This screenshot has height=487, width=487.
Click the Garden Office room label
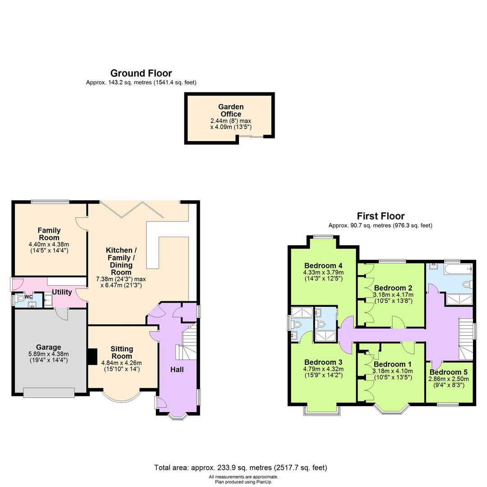coord(231,110)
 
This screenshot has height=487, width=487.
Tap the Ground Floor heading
coord(141,74)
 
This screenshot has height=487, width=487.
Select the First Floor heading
coord(381,216)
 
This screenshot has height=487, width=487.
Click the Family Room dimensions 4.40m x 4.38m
coord(49,245)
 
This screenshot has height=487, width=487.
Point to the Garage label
coord(48,347)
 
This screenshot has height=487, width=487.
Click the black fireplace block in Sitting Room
coord(92,356)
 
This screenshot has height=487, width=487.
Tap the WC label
coord(28,297)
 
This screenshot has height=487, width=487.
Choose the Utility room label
coord(62,292)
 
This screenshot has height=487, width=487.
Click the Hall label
coord(177,370)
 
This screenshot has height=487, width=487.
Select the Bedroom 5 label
coord(448,372)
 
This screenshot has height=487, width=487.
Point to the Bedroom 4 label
coord(323,266)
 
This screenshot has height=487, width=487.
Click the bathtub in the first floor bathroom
coord(458,269)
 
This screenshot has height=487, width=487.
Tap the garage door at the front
coord(49,393)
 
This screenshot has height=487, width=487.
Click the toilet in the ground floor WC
coord(20,299)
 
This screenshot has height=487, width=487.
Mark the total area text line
coord(241,468)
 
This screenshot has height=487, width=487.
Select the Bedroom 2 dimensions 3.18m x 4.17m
coord(393,295)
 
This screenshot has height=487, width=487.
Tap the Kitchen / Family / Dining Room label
coord(121,261)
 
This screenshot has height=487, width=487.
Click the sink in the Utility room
coord(48,301)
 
